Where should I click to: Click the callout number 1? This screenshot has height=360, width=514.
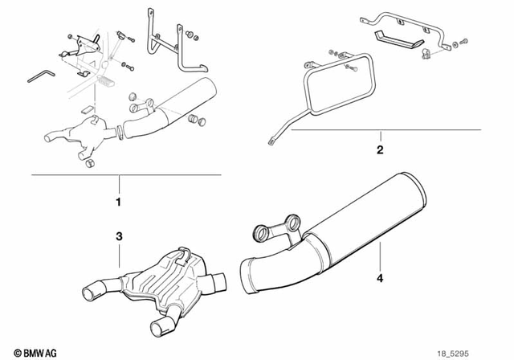[x=118, y=201]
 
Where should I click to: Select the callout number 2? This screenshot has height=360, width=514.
[x=380, y=149]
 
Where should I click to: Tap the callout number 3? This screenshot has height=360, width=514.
[x=118, y=237]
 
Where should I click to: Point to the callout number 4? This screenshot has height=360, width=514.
[x=380, y=280]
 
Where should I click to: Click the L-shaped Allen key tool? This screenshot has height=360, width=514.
[x=40, y=73]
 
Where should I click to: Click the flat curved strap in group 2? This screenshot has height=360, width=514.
[x=398, y=39]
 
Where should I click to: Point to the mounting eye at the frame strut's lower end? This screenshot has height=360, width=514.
[x=268, y=142]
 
